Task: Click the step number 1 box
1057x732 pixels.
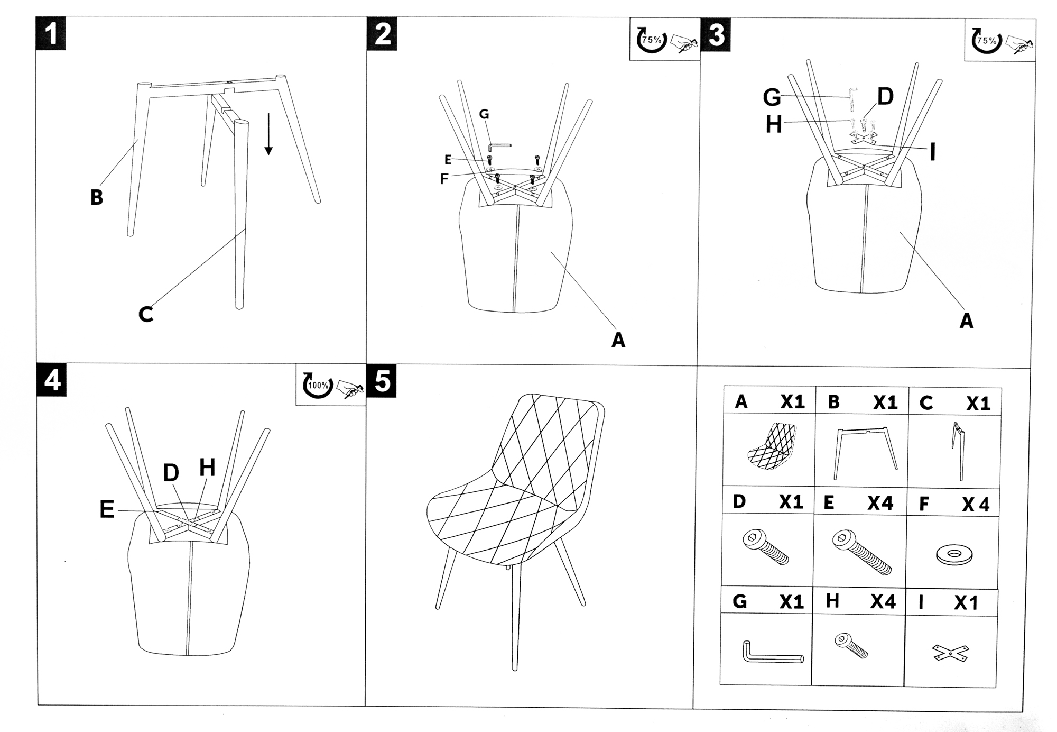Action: click(x=51, y=33)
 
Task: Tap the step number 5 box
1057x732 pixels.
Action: click(x=382, y=381)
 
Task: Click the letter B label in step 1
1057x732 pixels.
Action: click(x=96, y=197)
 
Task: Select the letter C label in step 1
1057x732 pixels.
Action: click(x=146, y=314)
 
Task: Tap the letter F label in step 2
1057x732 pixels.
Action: click(x=444, y=179)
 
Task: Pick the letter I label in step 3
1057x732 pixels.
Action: click(x=933, y=152)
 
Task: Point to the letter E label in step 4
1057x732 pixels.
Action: click(x=107, y=510)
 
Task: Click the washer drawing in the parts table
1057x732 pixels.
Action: click(x=954, y=555)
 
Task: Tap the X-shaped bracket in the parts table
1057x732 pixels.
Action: click(x=950, y=653)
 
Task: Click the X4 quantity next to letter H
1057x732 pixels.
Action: click(x=883, y=601)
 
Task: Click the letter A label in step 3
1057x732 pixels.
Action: click(x=966, y=321)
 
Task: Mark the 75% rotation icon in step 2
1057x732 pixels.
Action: click(x=652, y=40)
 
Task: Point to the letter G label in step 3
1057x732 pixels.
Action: click(x=772, y=97)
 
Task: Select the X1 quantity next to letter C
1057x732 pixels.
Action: click(x=978, y=404)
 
